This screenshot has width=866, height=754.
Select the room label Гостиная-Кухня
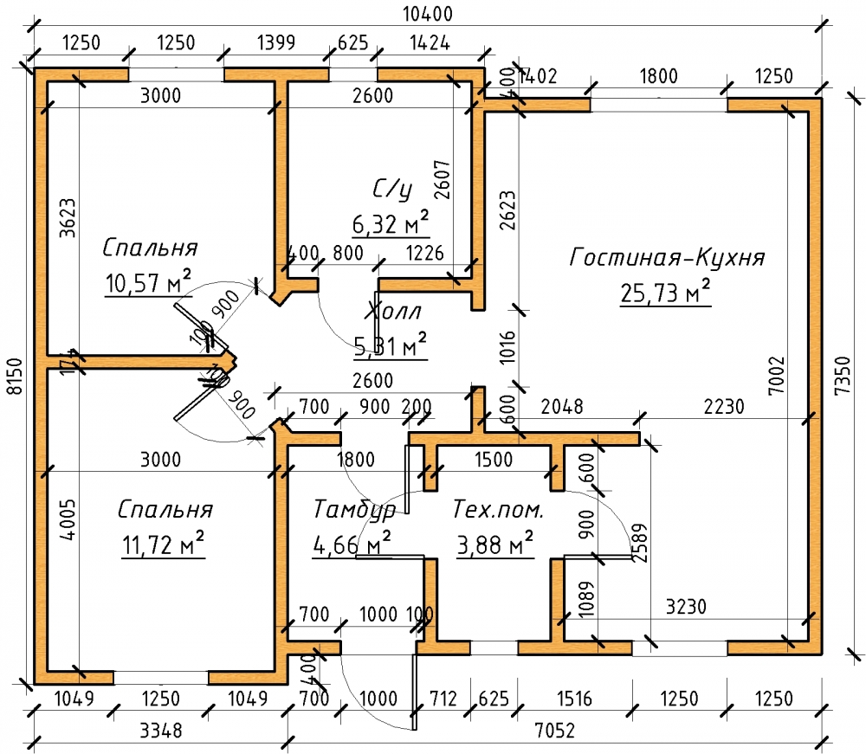point(667,258)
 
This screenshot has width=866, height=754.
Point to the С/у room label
point(391,190)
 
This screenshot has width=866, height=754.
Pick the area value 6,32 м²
point(391,224)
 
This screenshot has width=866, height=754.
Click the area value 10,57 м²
point(148,282)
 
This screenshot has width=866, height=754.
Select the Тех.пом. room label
point(498,510)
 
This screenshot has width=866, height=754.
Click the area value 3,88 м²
point(494,545)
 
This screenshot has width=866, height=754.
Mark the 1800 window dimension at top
point(658,76)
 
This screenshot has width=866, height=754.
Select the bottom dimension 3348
point(160,731)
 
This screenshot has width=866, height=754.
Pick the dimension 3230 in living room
point(684,607)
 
